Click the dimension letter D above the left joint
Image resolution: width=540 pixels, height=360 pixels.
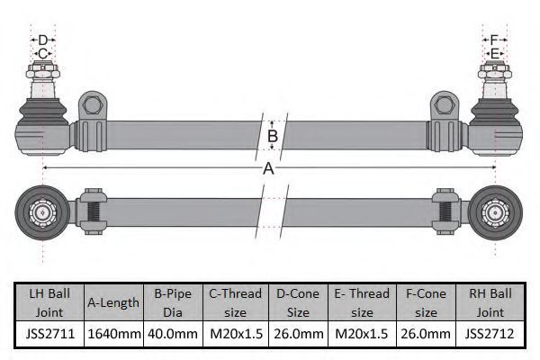click(x=42, y=40)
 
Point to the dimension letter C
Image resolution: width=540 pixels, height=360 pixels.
click(x=42, y=54)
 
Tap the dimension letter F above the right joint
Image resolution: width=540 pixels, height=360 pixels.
click(x=494, y=40)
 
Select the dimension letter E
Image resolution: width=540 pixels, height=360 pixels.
click(x=494, y=54)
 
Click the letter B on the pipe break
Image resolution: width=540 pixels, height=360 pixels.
click(x=273, y=136)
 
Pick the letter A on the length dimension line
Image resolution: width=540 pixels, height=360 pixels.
click(x=268, y=168)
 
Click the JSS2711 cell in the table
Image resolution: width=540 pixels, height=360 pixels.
click(x=49, y=334)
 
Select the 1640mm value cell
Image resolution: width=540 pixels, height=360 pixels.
click(x=114, y=334)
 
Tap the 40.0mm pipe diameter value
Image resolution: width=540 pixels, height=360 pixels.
click(x=173, y=334)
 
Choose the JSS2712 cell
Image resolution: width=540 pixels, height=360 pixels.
click(x=490, y=334)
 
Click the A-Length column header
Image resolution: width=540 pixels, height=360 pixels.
click(x=113, y=302)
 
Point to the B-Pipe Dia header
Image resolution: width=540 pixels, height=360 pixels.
click(x=173, y=302)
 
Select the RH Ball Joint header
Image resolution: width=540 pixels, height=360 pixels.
click(x=490, y=302)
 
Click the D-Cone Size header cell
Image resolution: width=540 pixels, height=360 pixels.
click(x=298, y=302)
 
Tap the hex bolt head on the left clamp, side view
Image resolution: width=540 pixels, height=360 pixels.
click(x=93, y=105)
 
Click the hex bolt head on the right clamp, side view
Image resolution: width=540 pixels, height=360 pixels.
click(x=445, y=105)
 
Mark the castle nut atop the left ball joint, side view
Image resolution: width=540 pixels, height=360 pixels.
click(x=42, y=70)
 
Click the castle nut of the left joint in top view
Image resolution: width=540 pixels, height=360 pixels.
click(x=42, y=212)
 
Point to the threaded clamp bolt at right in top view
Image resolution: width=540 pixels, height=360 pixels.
click(x=445, y=211)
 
